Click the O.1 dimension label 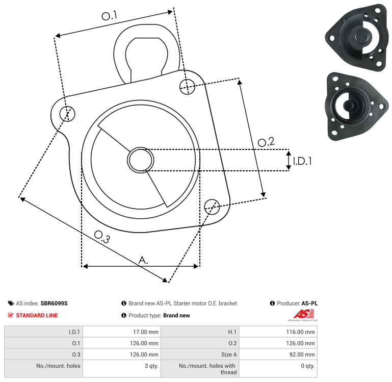coord(109,16)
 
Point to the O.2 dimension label coord(266,142)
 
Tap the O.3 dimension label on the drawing coord(102,237)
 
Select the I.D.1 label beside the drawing coord(302,161)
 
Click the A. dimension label coord(143,260)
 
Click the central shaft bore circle coord(141,160)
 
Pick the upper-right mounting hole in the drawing coord(187,87)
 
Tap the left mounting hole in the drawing coord(67,114)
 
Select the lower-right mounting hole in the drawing coord(212,207)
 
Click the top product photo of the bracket coord(357,37)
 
